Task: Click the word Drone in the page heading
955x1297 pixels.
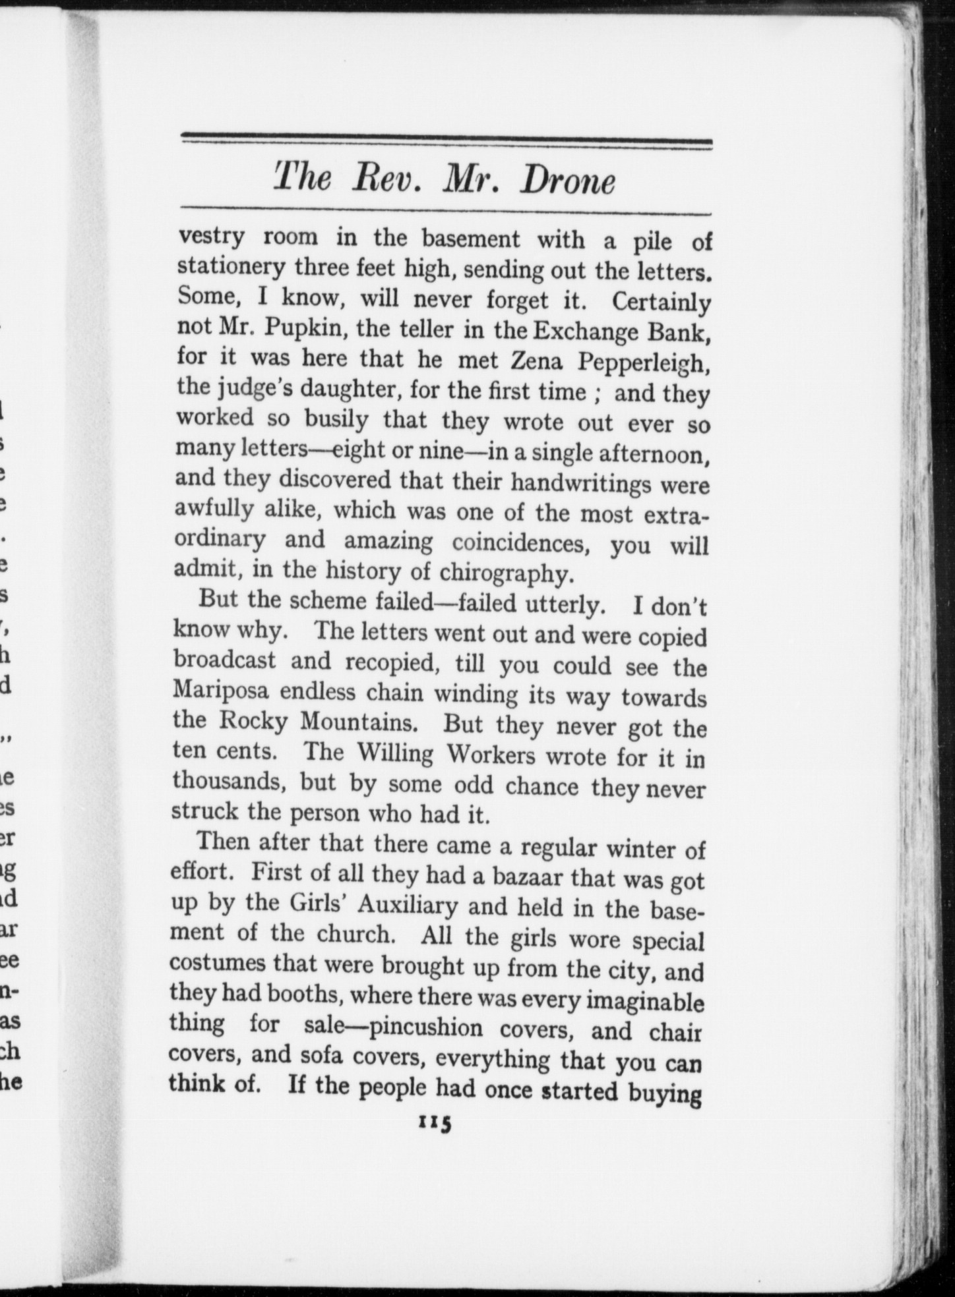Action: tap(567, 181)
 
